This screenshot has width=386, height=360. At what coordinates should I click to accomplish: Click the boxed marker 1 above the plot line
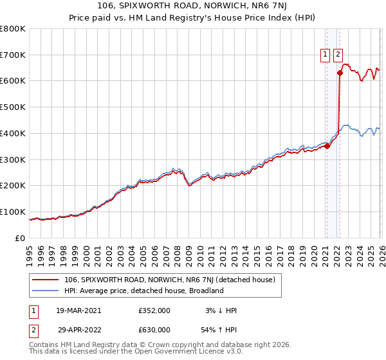point(326,55)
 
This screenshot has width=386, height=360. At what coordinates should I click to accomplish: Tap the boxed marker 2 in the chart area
point(338,55)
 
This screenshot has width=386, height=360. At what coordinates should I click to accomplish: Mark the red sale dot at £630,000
point(339,73)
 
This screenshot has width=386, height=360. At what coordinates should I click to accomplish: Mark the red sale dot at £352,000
point(327,146)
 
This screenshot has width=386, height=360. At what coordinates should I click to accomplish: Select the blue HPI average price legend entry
point(143,291)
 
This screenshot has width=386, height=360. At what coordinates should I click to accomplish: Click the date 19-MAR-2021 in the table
point(78,310)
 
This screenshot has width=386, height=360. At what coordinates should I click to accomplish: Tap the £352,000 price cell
point(154,310)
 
